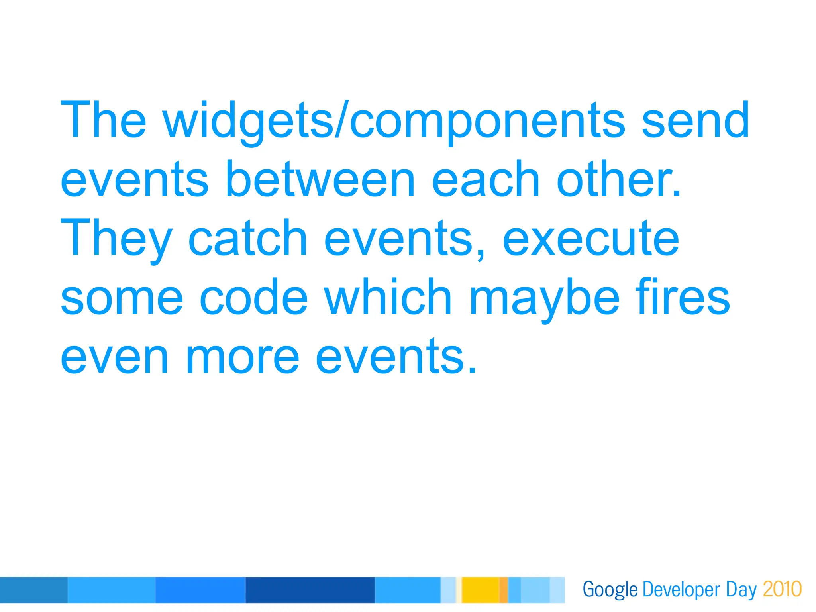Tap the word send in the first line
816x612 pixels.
(x=696, y=121)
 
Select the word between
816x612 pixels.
(x=320, y=179)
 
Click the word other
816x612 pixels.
(x=618, y=179)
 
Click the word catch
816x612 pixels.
(x=247, y=238)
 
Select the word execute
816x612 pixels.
(x=590, y=238)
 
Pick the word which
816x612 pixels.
(x=388, y=297)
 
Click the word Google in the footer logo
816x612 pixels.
(x=610, y=590)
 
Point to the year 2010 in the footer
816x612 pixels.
(x=782, y=589)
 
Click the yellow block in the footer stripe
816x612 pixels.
(x=480, y=590)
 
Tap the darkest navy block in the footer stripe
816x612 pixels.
(x=310, y=590)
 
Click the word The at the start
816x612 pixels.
(x=104, y=121)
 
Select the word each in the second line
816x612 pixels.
(x=485, y=179)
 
